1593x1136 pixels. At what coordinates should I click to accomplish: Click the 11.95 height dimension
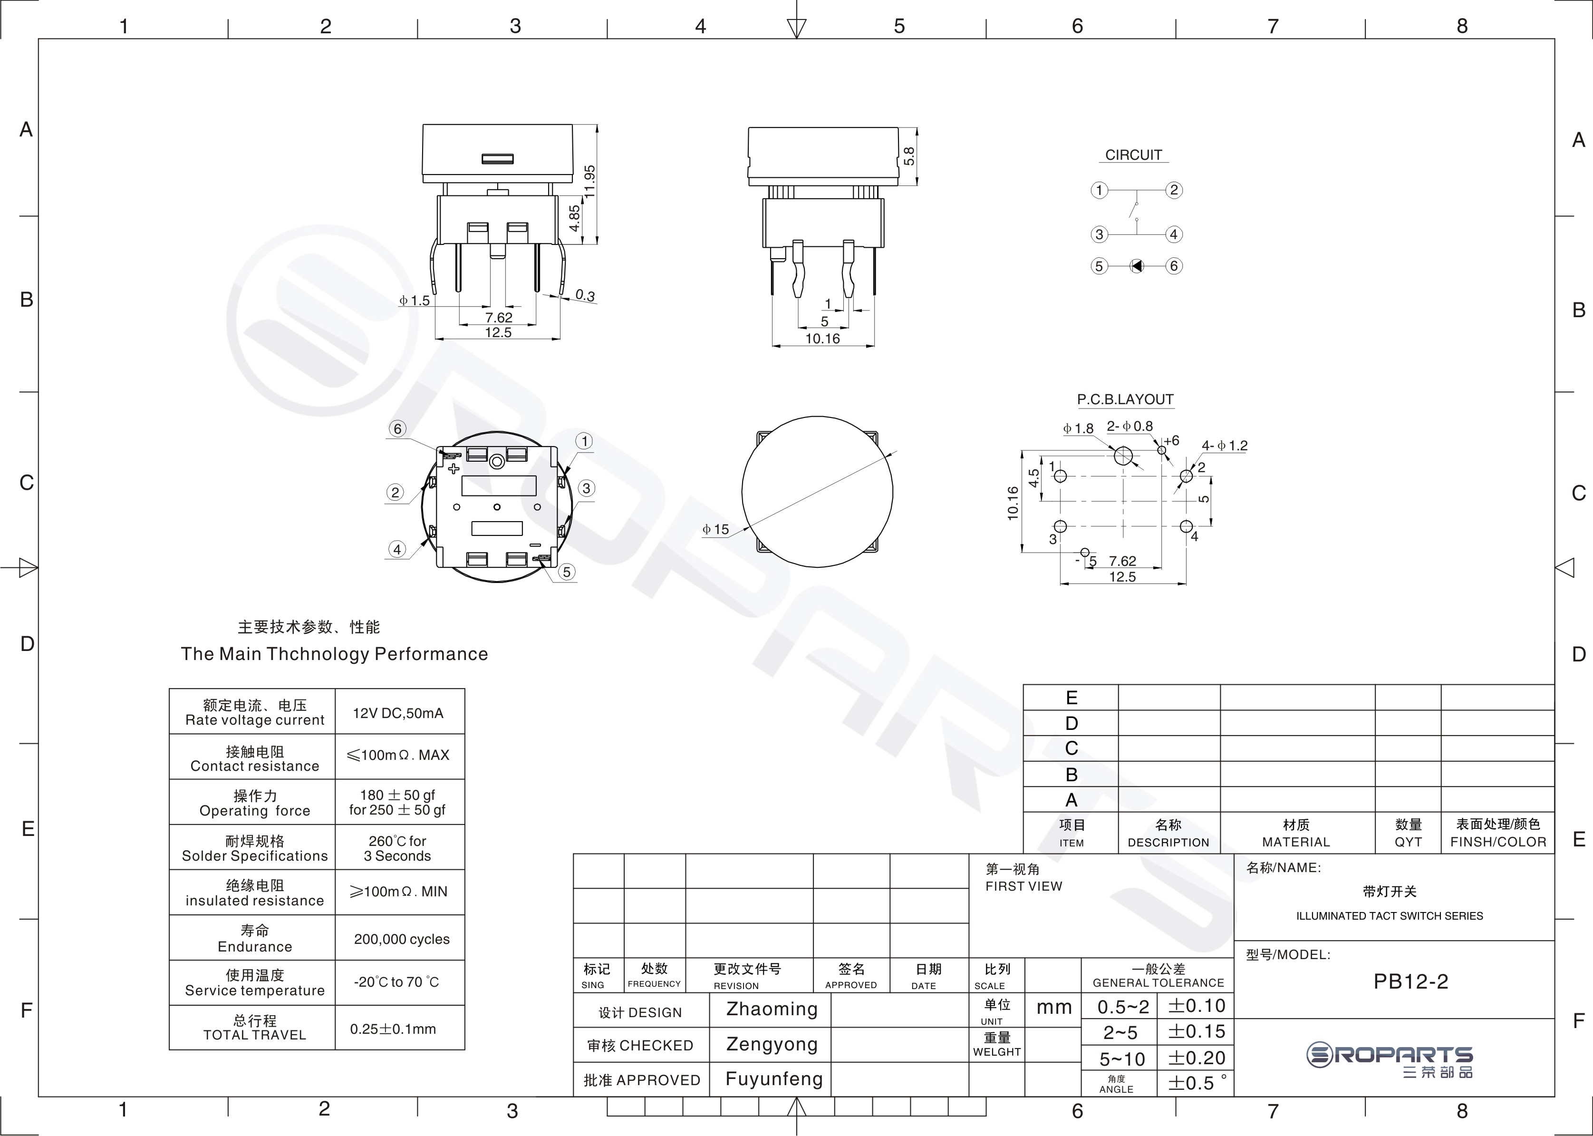click(589, 181)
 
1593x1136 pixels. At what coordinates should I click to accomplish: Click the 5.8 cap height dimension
click(909, 155)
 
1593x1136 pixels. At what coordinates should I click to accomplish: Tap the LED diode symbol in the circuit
click(1137, 266)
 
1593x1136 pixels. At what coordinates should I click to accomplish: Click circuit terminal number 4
click(1174, 234)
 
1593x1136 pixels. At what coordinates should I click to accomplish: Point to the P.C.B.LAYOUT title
click(1125, 399)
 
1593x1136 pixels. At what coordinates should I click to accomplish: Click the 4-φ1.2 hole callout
click(1225, 446)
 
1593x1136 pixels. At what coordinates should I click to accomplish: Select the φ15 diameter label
click(715, 530)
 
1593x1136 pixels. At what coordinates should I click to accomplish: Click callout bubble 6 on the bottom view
click(398, 429)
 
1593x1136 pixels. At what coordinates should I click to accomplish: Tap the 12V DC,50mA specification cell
click(398, 713)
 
